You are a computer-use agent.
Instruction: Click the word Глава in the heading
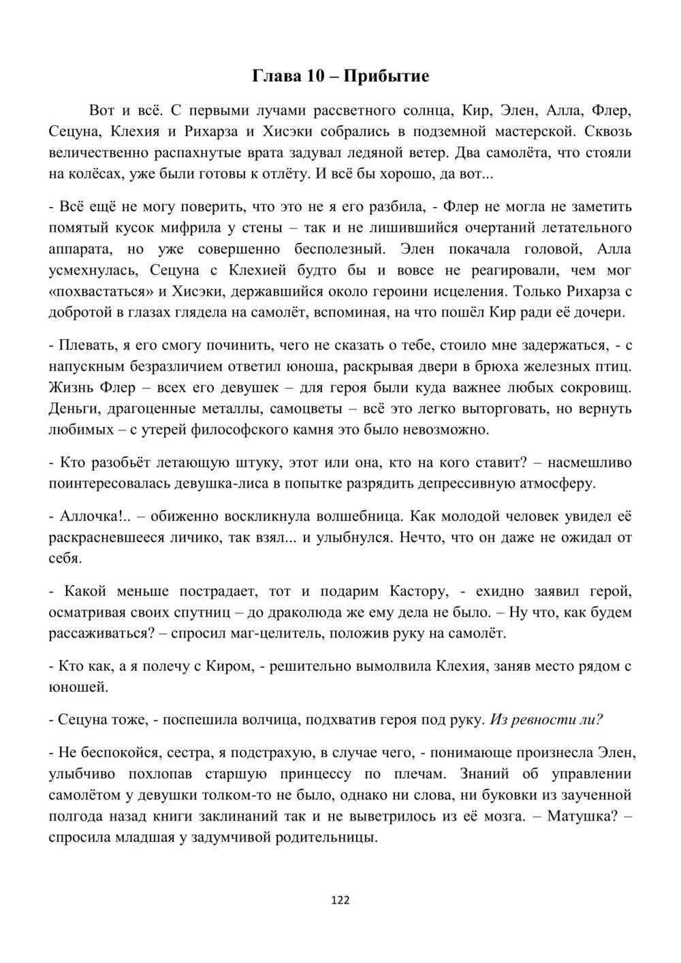[x=273, y=76]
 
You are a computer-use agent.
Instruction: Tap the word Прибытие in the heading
[x=386, y=76]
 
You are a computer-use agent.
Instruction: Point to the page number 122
[x=340, y=900]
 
